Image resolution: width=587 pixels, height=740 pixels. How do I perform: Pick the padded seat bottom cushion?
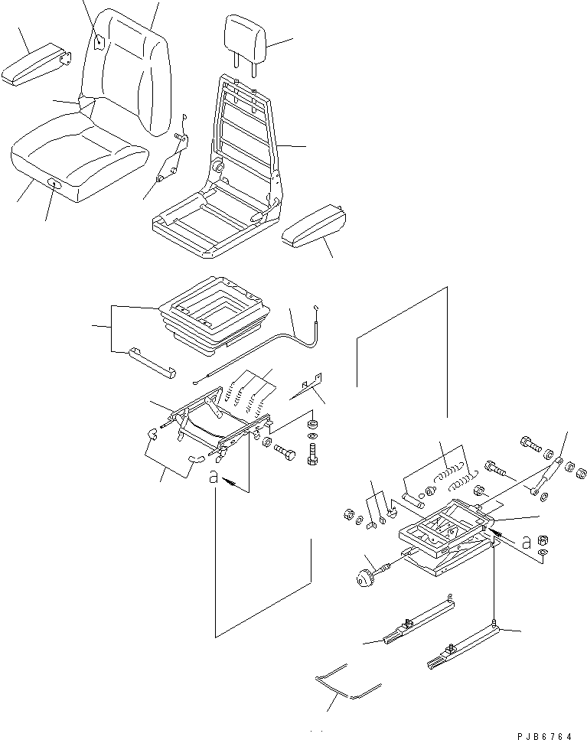pyautogui.click(x=77, y=165)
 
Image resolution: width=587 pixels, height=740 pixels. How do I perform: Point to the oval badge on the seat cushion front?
pyautogui.click(x=54, y=183)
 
